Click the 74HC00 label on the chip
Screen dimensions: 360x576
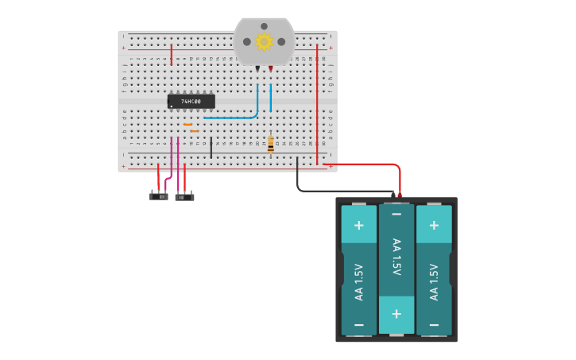(191, 102)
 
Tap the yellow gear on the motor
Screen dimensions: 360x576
(264, 41)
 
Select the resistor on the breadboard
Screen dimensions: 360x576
(270, 144)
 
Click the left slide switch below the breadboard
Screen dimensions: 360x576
(159, 195)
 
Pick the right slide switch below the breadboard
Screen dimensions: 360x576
(184, 196)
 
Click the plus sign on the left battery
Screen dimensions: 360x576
(359, 226)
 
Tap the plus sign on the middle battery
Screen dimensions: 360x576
(396, 313)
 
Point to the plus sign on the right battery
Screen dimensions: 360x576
(434, 226)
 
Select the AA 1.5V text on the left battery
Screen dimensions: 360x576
(359, 281)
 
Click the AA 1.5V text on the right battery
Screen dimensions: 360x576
(434, 281)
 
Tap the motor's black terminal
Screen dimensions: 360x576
(257, 70)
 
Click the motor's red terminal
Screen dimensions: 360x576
(270, 70)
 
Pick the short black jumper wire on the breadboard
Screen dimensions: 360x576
(211, 146)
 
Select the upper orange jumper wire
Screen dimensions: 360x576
(187, 125)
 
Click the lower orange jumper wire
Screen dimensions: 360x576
(194, 131)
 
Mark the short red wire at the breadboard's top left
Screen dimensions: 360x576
(171, 53)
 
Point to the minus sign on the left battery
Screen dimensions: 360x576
(359, 325)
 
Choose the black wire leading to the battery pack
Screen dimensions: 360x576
(334, 191)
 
